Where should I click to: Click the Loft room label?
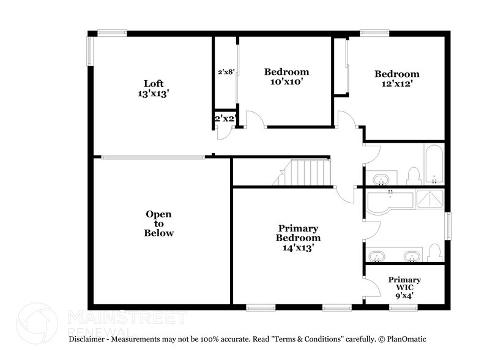[x=154, y=84]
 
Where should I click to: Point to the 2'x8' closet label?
[x=226, y=72]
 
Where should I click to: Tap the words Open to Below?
[x=158, y=223]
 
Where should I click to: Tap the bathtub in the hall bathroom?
[x=434, y=163]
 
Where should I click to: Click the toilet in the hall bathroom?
[x=413, y=175]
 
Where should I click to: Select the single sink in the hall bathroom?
[x=382, y=179]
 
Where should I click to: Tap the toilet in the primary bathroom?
[x=434, y=252]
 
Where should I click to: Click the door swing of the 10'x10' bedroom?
[x=255, y=119]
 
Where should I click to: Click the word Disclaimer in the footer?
[x=89, y=339]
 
